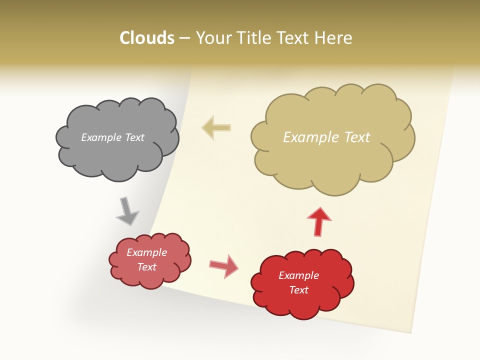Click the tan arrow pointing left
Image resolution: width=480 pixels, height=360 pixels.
(x=216, y=128)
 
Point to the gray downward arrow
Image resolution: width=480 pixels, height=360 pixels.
(x=127, y=211)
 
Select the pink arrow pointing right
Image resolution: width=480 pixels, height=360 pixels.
(x=224, y=265)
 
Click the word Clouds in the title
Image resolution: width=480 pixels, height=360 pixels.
(x=147, y=38)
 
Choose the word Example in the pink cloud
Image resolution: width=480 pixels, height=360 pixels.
(x=146, y=252)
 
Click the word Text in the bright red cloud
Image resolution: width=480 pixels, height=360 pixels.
(x=298, y=290)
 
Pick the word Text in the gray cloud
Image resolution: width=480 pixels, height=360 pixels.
(x=135, y=137)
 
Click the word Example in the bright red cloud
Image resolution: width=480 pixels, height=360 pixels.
(x=298, y=275)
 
